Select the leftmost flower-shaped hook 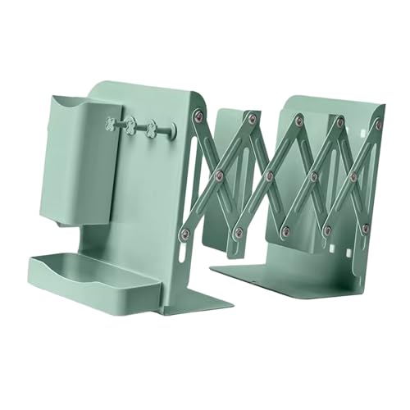coord(108,124)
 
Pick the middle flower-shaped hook coord(130,125)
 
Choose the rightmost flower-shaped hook coord(150,128)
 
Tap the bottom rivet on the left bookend coord(184,235)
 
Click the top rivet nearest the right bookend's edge coord(378,125)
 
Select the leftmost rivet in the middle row coord(220,173)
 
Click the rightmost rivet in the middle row coord(353,177)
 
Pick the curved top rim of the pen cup coord(78,100)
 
